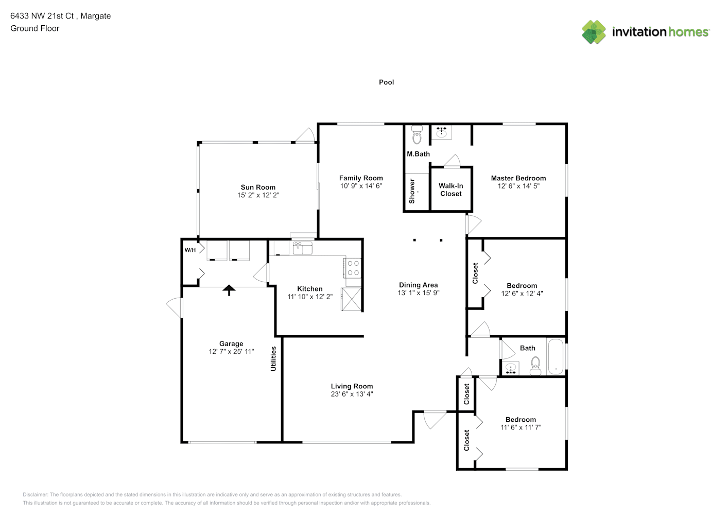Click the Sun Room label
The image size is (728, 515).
[258, 187]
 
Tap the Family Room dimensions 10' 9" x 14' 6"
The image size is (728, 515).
[361, 186]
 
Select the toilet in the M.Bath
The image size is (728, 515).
[417, 134]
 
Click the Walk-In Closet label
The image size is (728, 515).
[451, 190]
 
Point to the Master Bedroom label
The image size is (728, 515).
[518, 178]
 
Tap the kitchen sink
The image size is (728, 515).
[303, 248]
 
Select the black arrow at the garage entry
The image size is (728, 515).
[229, 290]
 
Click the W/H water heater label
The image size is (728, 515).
[190, 250]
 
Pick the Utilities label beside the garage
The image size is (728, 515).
[273, 358]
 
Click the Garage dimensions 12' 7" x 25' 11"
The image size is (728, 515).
[231, 351]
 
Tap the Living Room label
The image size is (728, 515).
[352, 386]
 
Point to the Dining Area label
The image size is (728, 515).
[418, 285]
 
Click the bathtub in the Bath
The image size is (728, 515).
[556, 357]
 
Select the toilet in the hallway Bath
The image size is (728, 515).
[535, 366]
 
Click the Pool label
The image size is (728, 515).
[387, 82]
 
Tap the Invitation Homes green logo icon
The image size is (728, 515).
[594, 32]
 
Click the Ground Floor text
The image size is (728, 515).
[35, 28]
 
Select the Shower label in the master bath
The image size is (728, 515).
[412, 191]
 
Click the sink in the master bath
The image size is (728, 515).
[441, 132]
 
